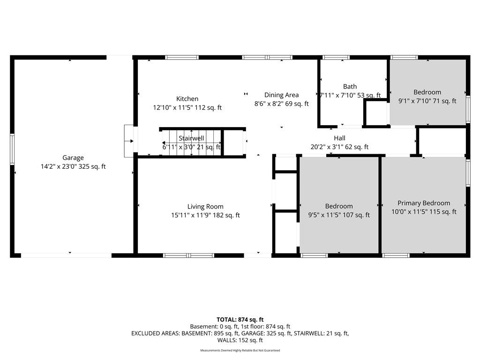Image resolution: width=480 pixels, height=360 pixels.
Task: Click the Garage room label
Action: pyautogui.click(x=73, y=157)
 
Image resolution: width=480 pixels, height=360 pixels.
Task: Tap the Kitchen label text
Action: pyautogui.click(x=187, y=98)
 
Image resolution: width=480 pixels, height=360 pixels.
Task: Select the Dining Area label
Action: pyautogui.click(x=281, y=95)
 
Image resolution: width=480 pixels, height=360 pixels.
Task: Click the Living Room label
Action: pyautogui.click(x=205, y=207)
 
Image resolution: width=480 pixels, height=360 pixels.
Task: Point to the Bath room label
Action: pyautogui.click(x=350, y=87)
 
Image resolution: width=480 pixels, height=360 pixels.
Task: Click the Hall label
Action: pyautogui.click(x=339, y=138)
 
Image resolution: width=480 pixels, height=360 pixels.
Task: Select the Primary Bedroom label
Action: pyautogui.click(x=424, y=203)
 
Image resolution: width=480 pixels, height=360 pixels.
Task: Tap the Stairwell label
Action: pyautogui.click(x=191, y=138)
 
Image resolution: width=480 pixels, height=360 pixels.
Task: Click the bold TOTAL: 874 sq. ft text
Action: pyautogui.click(x=240, y=320)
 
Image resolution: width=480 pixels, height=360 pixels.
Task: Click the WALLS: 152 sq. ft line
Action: pyautogui.click(x=240, y=340)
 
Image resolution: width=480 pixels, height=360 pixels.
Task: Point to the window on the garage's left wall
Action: pyautogui.click(x=12, y=149)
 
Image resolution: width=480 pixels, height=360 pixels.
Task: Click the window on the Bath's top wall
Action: pyautogui.click(x=336, y=57)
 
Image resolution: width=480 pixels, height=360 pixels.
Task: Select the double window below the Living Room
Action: pyautogui.click(x=188, y=255)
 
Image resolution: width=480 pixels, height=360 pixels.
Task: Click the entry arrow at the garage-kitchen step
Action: pyautogui.click(x=129, y=141)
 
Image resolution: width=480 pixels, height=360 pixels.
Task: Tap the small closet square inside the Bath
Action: pyautogui.click(x=376, y=113)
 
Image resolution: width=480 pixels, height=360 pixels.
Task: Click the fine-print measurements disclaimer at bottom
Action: pyautogui.click(x=240, y=350)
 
